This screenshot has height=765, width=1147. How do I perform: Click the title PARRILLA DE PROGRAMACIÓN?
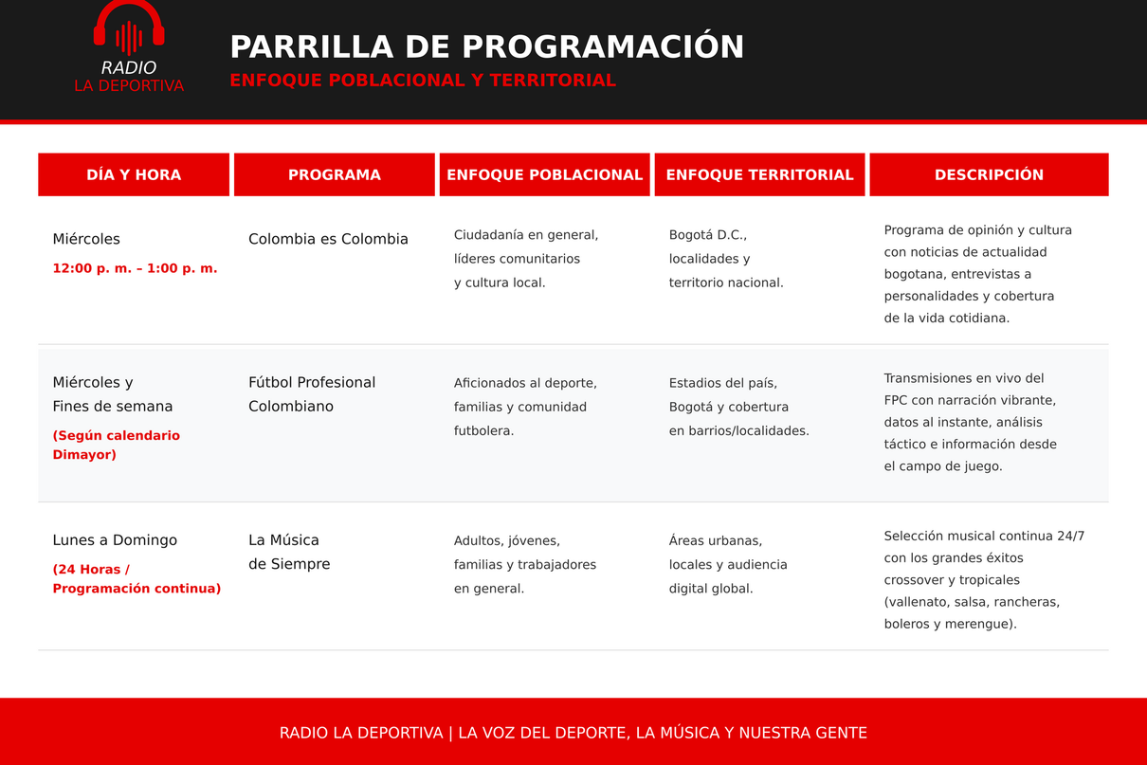pyautogui.click(x=486, y=47)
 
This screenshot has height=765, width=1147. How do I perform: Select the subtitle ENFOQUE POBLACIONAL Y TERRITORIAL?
pyautogui.click(x=423, y=81)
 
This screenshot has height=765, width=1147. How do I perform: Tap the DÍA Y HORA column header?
pyautogui.click(x=134, y=174)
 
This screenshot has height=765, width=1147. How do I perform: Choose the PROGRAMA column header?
pyautogui.click(x=335, y=174)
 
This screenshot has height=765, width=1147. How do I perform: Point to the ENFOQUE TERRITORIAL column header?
pyautogui.click(x=759, y=174)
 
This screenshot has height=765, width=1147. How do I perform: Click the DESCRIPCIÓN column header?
pyautogui.click(x=989, y=174)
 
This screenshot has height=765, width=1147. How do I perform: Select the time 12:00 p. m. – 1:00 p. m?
pyautogui.click(x=136, y=268)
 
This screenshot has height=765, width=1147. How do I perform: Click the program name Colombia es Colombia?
pyautogui.click(x=328, y=239)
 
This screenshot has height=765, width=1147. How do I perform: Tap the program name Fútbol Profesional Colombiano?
pyautogui.click(x=312, y=394)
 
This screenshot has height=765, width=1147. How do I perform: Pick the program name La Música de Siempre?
pyautogui.click(x=289, y=552)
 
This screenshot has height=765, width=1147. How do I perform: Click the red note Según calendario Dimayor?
pyautogui.click(x=117, y=445)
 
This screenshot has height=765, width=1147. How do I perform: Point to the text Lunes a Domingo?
pyautogui.click(x=115, y=540)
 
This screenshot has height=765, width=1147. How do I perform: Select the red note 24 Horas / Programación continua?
pyautogui.click(x=137, y=578)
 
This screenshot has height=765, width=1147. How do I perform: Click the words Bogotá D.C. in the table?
pyautogui.click(x=708, y=235)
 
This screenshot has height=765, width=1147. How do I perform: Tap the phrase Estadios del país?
pyautogui.click(x=723, y=383)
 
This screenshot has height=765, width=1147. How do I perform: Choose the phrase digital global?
pyautogui.click(x=711, y=589)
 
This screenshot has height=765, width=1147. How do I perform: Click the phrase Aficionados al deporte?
pyautogui.click(x=525, y=383)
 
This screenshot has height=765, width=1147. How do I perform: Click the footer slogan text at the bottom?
pyautogui.click(x=573, y=733)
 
